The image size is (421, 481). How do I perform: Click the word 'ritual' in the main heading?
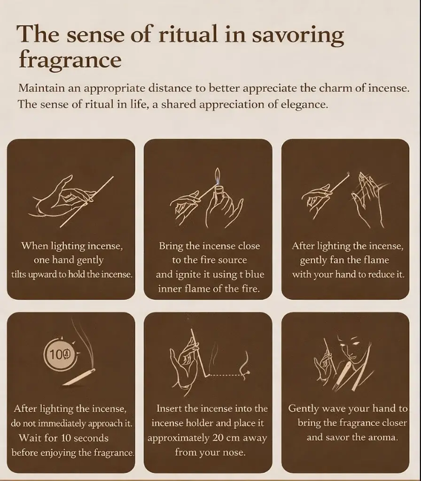click(188, 34)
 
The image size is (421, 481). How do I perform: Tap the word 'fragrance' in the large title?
click(70, 59)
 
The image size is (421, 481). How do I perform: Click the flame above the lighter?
click(218, 176)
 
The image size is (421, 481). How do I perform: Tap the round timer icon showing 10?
click(60, 355)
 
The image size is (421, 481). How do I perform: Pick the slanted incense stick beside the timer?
click(79, 377)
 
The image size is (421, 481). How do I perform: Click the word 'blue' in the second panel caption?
click(255, 274)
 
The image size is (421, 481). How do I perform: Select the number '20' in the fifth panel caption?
click(218, 438)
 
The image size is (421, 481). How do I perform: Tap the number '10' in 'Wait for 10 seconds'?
click(66, 438)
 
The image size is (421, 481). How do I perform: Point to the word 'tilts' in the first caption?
click(19, 274)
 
